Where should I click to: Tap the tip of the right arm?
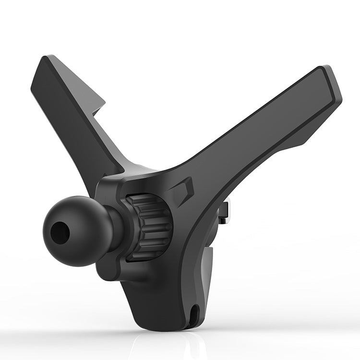(331, 79)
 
